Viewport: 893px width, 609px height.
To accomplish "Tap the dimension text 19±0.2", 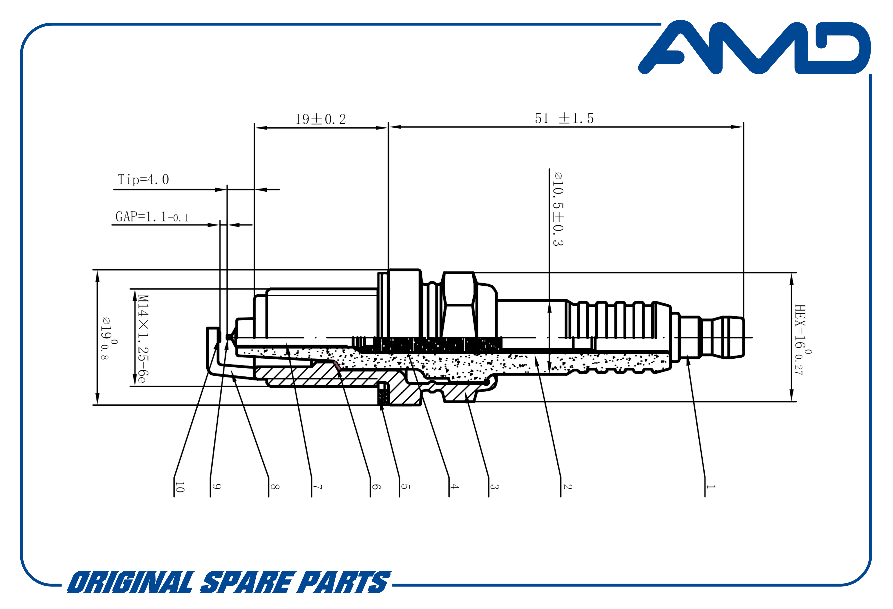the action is tap(320, 119).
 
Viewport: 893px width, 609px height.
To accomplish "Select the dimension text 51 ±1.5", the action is tap(564, 118).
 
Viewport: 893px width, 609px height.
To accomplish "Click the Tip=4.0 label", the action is tap(143, 180).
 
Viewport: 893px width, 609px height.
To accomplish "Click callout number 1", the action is tap(711, 487).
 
